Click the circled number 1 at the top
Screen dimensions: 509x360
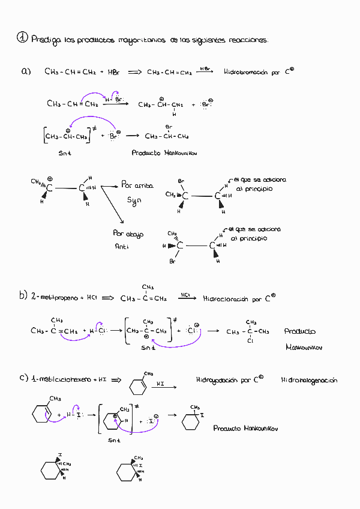click(22, 37)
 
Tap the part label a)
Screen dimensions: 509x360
click(26, 71)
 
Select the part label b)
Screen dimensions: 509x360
click(23, 295)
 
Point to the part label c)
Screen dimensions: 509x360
click(23, 378)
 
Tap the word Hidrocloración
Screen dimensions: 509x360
click(226, 298)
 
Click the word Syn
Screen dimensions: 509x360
click(133, 199)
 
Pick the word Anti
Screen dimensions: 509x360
click(122, 246)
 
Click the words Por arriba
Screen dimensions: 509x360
click(137, 185)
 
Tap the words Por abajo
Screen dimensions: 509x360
click(128, 233)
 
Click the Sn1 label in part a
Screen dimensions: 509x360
click(65, 153)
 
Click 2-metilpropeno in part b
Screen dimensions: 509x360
click(55, 298)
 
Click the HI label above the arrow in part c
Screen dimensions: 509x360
click(160, 383)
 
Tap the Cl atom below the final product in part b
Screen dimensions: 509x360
click(250, 341)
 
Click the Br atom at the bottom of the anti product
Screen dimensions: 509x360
click(172, 262)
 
